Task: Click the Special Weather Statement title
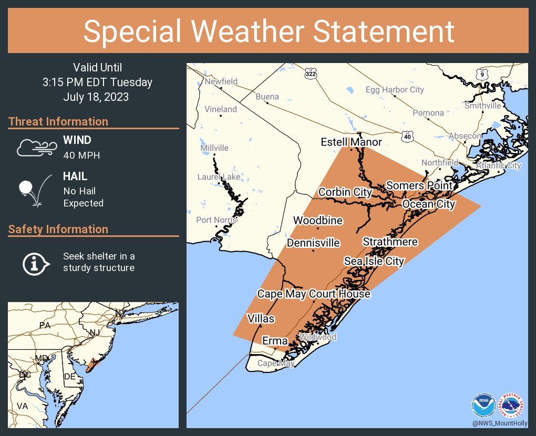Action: tap(268, 31)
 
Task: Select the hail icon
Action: tap(35, 190)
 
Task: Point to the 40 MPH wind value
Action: tap(81, 155)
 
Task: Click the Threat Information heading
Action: tap(58, 121)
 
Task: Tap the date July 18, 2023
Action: tap(96, 97)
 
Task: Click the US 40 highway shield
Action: tap(408, 136)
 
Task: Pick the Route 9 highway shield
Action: tap(481, 74)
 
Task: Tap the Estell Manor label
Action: tap(351, 142)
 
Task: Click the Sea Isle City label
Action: tap(374, 261)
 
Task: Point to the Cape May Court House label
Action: tap(313, 294)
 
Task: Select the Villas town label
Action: tap(261, 318)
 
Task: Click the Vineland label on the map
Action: tap(221, 109)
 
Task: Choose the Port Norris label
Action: tap(215, 220)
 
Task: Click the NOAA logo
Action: tap(483, 406)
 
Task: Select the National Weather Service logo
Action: tap(512, 406)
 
